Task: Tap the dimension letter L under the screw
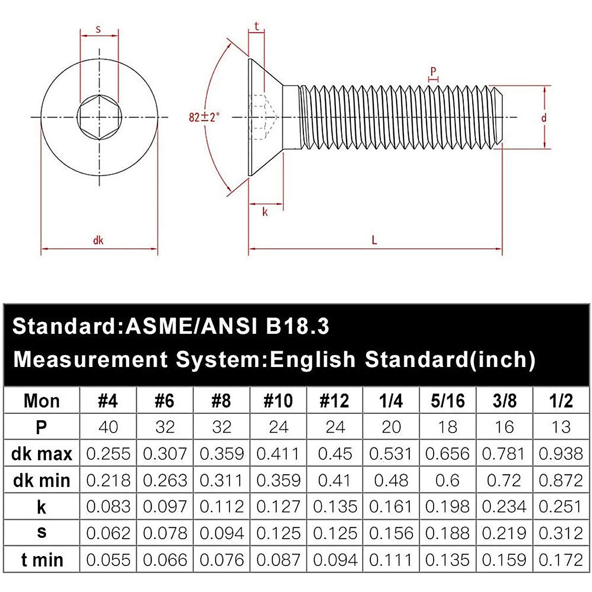coord(374,240)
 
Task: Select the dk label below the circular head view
coord(98,241)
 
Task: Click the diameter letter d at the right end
coord(544,118)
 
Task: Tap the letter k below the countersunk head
coord(265,212)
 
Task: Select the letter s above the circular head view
coord(98,29)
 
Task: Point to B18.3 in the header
coord(297,327)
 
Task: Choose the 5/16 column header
coord(447,401)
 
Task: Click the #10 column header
coord(278,401)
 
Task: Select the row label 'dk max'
coord(41,453)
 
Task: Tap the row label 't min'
coord(41,560)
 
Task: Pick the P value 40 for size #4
coord(108,427)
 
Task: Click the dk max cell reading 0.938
coord(561,453)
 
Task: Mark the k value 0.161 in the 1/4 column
coord(391,507)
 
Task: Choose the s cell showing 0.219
coord(504,533)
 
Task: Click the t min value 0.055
coord(108,560)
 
